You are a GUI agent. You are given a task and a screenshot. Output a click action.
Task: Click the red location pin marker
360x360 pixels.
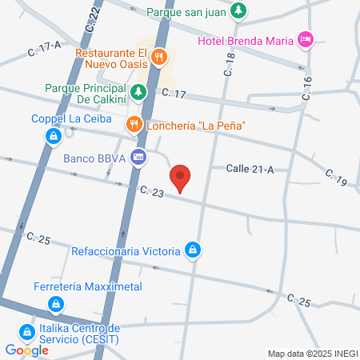[181, 177]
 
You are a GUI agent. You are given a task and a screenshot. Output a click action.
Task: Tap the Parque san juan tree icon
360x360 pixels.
[238, 11]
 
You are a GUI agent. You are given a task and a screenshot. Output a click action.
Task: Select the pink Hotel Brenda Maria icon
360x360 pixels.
[304, 38]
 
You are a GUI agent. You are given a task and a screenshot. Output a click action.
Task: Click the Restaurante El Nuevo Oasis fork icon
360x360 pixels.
[159, 56]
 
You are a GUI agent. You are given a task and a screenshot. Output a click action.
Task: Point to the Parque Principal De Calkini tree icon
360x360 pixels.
[138, 91]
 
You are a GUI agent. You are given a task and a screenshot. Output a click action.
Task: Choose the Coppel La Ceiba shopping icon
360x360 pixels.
[52, 136]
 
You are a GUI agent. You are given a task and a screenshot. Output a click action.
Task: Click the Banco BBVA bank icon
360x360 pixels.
[138, 158]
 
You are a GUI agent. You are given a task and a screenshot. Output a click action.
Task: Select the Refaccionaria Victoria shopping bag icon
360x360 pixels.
[192, 251]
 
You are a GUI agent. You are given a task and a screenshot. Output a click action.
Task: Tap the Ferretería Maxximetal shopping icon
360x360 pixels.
[55, 304]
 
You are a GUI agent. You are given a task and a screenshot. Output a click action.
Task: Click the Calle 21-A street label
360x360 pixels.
[250, 168]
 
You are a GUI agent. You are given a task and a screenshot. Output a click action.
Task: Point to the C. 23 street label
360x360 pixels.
[151, 192]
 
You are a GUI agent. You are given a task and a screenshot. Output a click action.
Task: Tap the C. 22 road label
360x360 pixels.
[94, 17]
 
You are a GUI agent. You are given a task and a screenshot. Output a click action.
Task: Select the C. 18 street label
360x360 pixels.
[229, 66]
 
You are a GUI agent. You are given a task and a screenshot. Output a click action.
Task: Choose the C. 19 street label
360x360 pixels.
[336, 178]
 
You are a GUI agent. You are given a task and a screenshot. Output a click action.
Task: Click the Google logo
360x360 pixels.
[26, 350]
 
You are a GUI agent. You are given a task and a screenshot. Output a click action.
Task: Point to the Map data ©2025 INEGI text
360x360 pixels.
[312, 354]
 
